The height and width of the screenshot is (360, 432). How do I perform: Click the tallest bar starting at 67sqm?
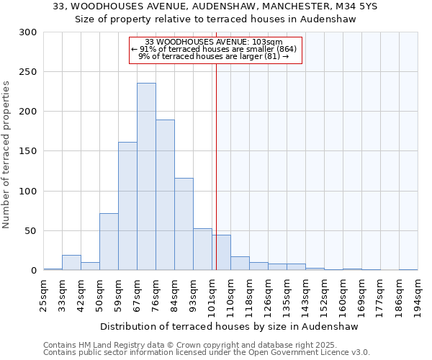[146, 176]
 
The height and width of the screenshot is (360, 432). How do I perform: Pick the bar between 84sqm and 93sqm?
[184, 224]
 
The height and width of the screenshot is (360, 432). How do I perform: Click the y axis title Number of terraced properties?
[7, 155]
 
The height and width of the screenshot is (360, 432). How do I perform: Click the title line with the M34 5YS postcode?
[216, 6]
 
